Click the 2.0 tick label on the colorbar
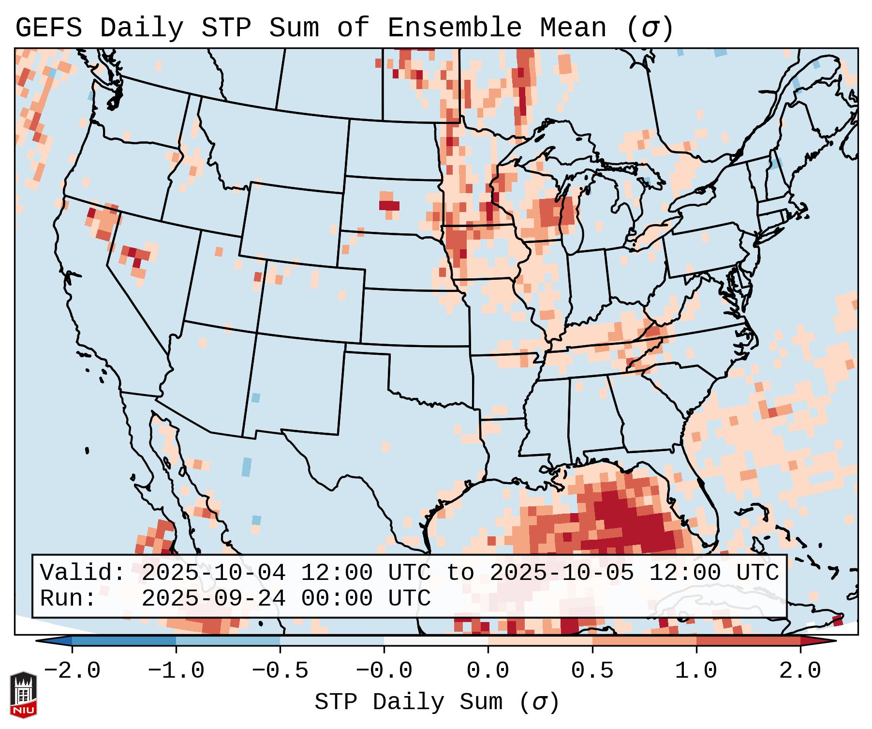[800, 671]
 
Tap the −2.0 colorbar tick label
[72, 671]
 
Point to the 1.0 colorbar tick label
[696, 671]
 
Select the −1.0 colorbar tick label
[176, 671]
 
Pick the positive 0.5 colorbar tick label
[592, 671]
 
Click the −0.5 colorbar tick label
[280, 671]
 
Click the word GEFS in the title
[49, 28]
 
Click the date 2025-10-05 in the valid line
[562, 573]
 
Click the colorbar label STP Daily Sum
[409, 702]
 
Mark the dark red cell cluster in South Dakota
[389, 205]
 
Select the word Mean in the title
[573, 28]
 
